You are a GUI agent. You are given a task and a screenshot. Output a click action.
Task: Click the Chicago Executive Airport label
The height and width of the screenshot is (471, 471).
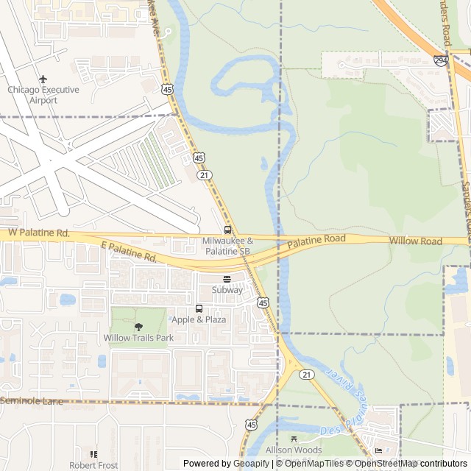point(43,94)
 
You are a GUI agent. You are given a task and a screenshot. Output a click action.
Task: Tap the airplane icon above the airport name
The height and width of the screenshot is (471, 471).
point(43,78)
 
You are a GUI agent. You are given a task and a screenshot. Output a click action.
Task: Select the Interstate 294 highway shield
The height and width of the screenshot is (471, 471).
point(440,62)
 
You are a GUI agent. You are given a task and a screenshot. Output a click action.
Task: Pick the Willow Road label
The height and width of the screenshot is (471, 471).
point(416,241)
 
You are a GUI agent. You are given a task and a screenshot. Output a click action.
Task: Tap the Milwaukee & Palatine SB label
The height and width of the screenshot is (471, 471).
point(227,246)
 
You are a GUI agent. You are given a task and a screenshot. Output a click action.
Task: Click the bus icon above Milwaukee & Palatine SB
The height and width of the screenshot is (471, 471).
point(227,230)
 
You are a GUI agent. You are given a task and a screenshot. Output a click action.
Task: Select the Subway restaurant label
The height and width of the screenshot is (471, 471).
point(227,290)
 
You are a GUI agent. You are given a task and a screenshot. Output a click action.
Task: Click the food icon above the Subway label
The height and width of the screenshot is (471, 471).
point(227,279)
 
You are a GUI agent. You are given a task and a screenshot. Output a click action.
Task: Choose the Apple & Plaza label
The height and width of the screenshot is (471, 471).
point(198,319)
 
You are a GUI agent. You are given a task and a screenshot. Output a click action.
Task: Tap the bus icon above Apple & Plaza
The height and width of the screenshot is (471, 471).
point(199,308)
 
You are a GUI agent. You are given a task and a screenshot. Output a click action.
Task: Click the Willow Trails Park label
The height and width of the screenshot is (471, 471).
point(138,338)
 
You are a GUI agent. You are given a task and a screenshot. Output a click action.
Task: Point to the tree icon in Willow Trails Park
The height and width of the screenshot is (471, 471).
point(138,326)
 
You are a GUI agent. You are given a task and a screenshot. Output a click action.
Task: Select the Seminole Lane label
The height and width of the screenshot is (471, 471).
point(32,400)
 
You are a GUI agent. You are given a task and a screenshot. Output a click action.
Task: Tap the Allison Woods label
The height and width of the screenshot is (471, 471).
point(294,449)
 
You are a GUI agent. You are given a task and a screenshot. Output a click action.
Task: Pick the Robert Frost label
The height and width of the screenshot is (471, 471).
point(93,465)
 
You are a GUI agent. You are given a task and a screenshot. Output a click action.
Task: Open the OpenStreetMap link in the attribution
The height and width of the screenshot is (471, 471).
point(386,464)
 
